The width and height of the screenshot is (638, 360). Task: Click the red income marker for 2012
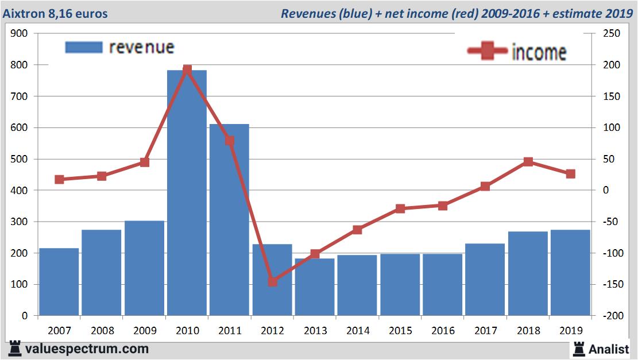click(x=272, y=281)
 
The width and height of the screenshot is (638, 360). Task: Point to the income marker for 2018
click(x=528, y=162)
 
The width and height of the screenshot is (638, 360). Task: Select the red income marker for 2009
click(x=144, y=162)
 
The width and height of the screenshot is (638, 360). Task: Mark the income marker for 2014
click(x=357, y=230)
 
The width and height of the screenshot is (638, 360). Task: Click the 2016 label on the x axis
click(x=443, y=331)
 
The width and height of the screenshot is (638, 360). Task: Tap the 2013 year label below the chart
click(x=315, y=331)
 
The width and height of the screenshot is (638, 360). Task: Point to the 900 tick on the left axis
click(x=20, y=34)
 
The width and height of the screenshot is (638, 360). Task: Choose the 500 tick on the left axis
click(x=20, y=159)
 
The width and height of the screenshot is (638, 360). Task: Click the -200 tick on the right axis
click(x=608, y=316)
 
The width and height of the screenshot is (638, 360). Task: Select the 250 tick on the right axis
click(x=609, y=34)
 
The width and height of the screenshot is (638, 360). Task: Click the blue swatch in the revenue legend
click(x=84, y=47)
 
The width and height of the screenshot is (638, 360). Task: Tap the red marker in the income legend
click(x=487, y=51)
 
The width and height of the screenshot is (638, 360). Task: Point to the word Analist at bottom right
click(x=609, y=349)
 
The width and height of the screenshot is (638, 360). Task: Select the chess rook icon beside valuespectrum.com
click(x=15, y=349)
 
